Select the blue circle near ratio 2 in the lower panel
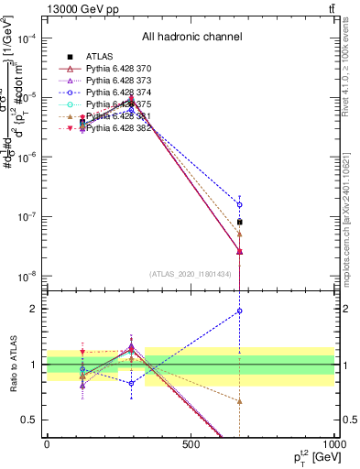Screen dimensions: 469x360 coord(239,311)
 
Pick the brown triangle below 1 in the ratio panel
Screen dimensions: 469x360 coord(239,401)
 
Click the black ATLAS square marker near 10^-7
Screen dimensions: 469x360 coord(239,222)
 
